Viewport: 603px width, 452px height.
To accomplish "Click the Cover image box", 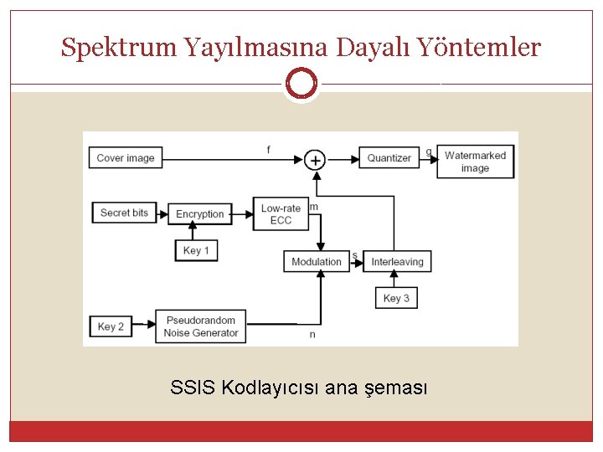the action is point(126,157).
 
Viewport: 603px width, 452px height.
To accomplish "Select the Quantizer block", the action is point(389,157).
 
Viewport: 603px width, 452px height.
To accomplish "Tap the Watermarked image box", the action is point(475,162).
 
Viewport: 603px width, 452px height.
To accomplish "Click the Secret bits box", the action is point(124,213).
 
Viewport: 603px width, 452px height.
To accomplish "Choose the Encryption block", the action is point(200,214).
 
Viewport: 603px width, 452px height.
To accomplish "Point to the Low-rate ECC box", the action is point(281,214).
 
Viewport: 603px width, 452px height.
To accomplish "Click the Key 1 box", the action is point(196,250).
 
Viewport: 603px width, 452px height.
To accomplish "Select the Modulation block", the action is point(317,262).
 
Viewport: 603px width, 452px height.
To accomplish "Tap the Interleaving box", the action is point(398,262).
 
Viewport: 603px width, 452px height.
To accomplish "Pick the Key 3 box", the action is point(396,298).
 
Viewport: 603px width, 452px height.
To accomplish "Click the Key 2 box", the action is point(111,326).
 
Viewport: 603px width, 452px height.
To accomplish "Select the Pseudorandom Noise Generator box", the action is point(201,326).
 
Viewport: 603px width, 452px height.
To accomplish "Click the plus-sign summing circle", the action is point(314,159).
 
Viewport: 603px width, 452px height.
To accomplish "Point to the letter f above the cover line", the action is point(268,150).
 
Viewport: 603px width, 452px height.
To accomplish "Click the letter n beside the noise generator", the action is point(312,335).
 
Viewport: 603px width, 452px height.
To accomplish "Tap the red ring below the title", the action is point(301,84).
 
